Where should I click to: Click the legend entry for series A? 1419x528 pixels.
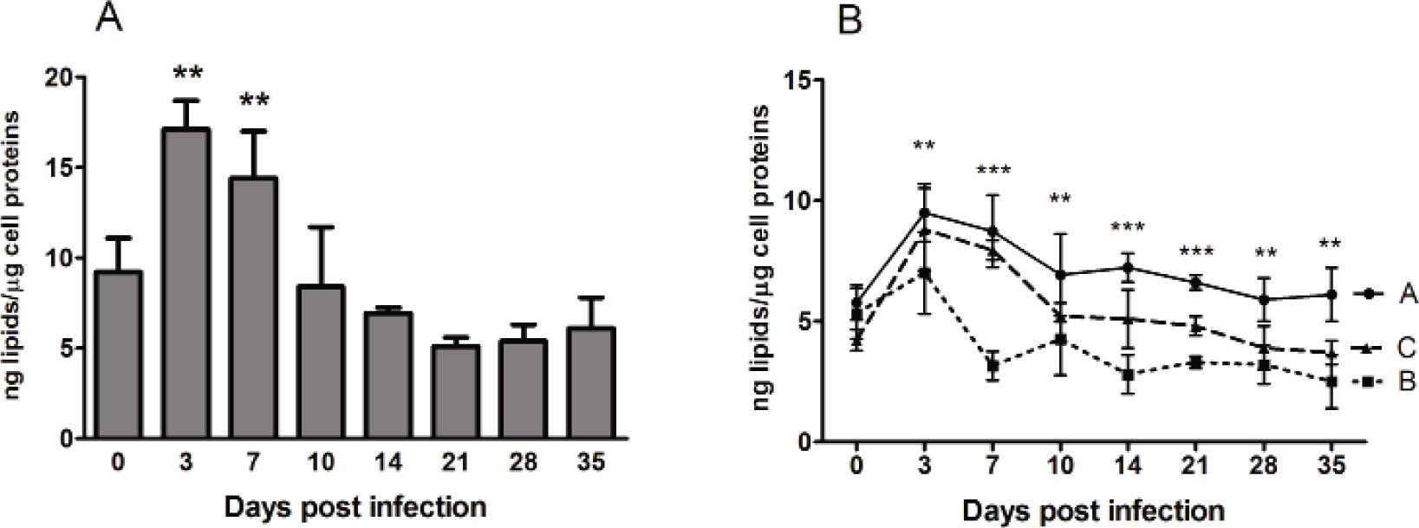[1383, 295]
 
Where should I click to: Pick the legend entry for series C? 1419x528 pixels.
[1383, 348]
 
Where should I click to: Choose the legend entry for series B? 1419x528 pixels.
[1383, 381]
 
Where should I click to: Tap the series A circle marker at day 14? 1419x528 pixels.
[1128, 268]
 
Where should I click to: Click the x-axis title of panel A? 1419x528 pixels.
[354, 505]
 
